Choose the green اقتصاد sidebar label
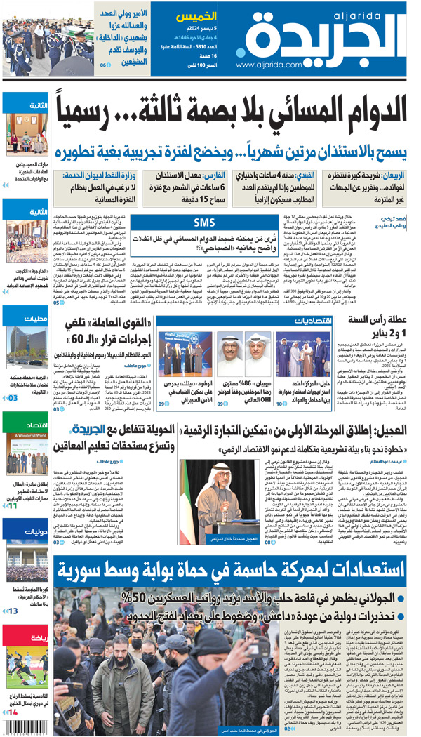tap(34, 425)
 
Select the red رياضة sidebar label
tap(34, 639)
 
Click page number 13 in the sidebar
tap(14, 611)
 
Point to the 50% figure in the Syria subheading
tap(133, 597)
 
